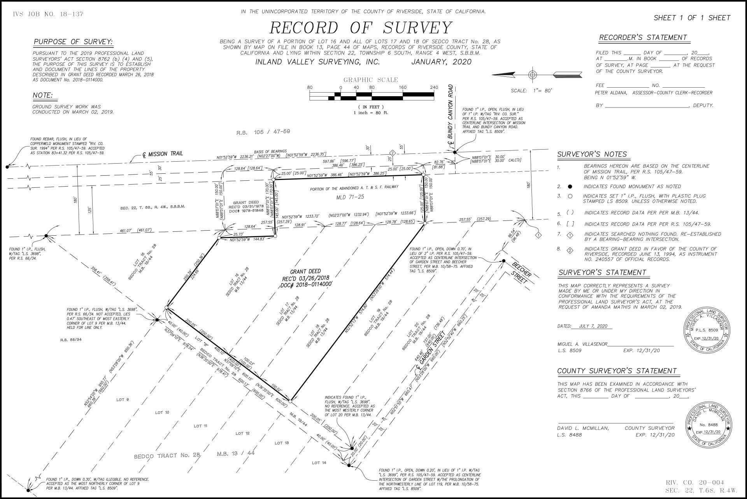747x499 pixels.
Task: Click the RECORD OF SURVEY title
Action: click(361, 28)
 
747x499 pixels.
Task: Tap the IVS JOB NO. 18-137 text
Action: click(48, 14)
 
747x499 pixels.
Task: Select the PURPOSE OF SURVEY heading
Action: click(73, 42)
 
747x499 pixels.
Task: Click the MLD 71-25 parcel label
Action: click(350, 197)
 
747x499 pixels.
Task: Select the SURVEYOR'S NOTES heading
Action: click(592, 154)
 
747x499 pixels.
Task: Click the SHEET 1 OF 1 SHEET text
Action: click(692, 18)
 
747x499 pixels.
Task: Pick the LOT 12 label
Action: click(239, 433)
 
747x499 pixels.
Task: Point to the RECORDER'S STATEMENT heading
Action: click(643, 38)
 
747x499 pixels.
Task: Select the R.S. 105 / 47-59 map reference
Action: click(263, 132)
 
